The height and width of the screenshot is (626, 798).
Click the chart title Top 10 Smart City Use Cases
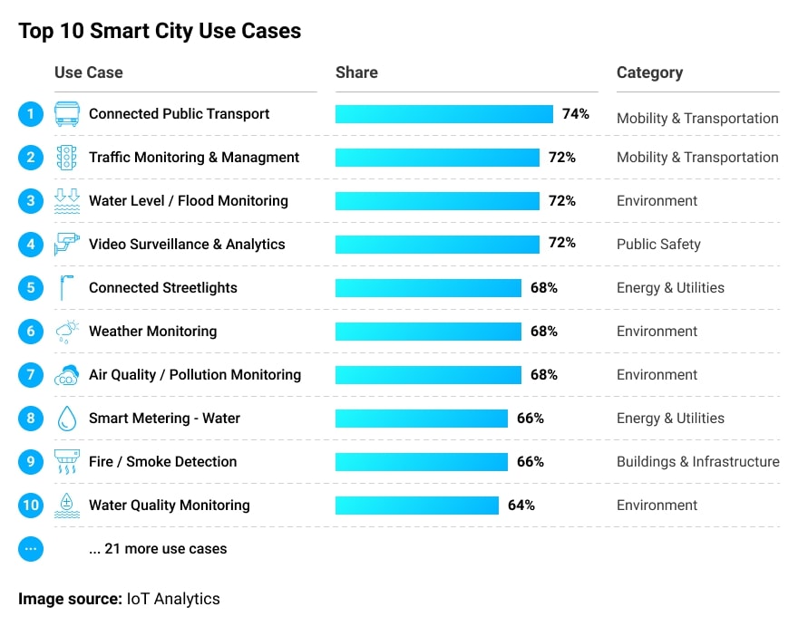tap(160, 31)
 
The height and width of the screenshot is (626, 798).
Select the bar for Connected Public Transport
tap(443, 114)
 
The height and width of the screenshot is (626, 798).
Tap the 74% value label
tap(575, 114)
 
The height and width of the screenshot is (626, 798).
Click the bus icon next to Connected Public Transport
tap(67, 114)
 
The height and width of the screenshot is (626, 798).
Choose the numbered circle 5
tap(31, 288)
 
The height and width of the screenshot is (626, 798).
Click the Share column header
tap(356, 72)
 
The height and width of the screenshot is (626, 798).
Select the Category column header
tap(649, 72)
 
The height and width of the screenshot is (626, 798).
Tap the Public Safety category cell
tap(658, 245)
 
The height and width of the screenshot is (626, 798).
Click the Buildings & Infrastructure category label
tap(697, 462)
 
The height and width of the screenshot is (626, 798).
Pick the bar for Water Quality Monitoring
tap(416, 506)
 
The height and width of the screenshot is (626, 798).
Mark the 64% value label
tap(521, 506)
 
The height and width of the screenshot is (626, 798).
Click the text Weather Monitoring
tap(152, 332)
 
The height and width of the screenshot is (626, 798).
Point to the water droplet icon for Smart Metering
tap(67, 419)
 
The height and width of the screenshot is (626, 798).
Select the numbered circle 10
tap(31, 506)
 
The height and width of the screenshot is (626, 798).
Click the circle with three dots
tap(31, 549)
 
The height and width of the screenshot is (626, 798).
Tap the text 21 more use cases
tap(158, 549)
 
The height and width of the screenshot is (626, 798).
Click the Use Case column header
tap(88, 72)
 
